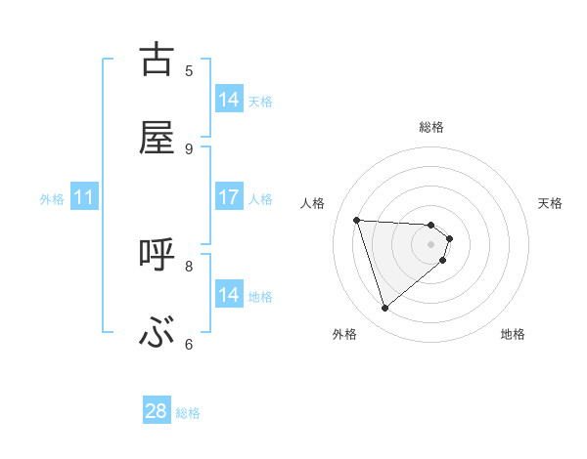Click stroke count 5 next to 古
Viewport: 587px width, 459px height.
pos(189,70)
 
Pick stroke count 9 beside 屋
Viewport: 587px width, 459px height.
pos(189,148)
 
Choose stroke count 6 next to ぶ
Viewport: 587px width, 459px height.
pos(189,344)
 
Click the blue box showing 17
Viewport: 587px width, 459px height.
pos(229,197)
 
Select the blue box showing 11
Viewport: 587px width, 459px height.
pos(84,197)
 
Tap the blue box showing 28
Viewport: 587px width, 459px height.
pos(157,411)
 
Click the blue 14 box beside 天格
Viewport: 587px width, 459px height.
pos(229,100)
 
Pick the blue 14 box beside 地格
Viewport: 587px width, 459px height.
pos(229,295)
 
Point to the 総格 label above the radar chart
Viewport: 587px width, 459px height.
pos(431,127)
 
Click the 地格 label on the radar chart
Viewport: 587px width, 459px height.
pos(513,334)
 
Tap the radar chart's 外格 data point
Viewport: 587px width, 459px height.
pos(384,309)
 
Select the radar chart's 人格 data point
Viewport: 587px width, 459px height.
pos(357,220)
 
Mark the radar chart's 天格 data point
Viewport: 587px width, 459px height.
pos(449,237)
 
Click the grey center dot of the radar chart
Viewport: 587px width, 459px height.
pos(431,244)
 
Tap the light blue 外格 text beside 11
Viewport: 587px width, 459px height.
pos(52,198)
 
